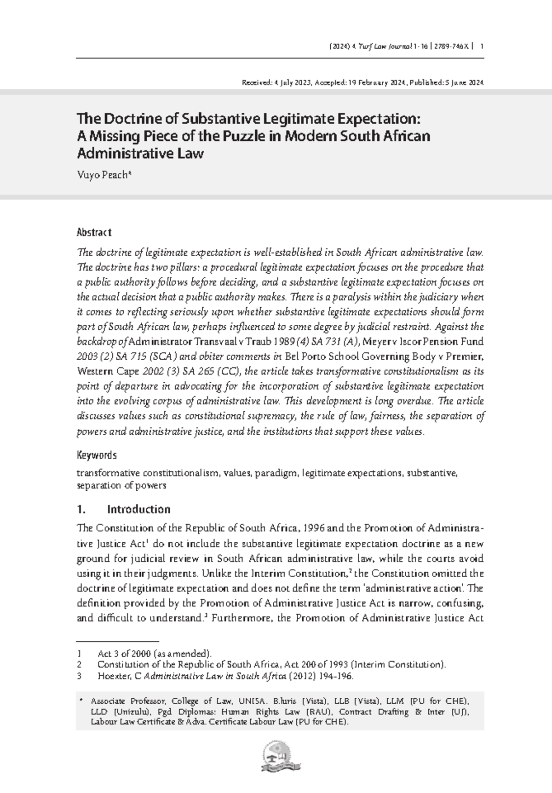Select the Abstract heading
click(94, 232)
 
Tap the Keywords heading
click(96, 455)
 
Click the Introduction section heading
click(138, 509)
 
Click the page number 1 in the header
click(481, 46)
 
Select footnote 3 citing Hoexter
click(225, 676)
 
